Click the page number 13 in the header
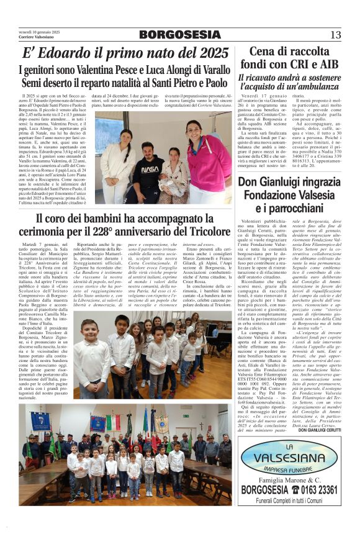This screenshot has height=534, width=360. pos(335,35)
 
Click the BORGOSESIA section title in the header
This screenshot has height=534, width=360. pos(180,35)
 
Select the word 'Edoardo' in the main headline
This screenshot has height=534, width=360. pos(63,53)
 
